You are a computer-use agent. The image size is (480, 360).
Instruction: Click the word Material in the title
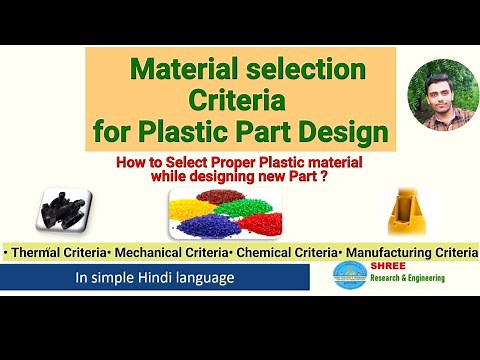tap(184, 71)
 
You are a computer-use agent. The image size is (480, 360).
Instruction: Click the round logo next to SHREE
tap(350, 277)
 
